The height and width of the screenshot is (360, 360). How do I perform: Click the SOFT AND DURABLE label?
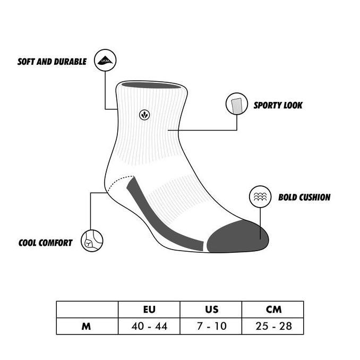click(52, 62)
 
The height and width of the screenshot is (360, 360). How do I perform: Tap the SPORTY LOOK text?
click(278, 105)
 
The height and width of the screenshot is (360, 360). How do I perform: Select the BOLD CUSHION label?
click(304, 198)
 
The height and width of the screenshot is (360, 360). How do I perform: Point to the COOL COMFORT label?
click(45, 243)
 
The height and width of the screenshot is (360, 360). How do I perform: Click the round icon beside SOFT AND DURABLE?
click(105, 60)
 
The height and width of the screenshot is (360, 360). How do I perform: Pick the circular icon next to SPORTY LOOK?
click(237, 104)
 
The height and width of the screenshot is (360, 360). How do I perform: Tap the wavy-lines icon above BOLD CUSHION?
click(260, 197)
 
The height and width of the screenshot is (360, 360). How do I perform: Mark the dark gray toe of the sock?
click(234, 236)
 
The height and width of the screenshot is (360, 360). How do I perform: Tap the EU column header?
click(149, 309)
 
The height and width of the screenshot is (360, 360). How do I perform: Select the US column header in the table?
click(211, 309)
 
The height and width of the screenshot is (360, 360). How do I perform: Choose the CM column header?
click(273, 309)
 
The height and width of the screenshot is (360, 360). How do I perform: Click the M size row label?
click(87, 326)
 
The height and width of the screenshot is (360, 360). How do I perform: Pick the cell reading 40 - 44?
click(149, 326)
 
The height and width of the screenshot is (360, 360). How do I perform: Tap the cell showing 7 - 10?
click(211, 326)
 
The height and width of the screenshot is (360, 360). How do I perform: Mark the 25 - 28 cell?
click(273, 326)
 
